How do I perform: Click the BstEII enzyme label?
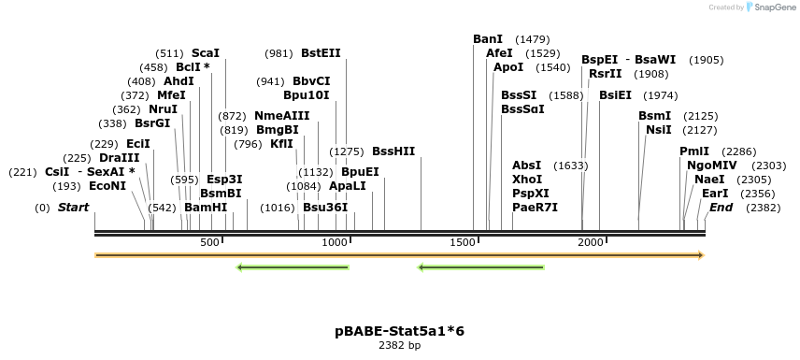pos(321,53)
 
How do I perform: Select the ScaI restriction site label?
pos(205,53)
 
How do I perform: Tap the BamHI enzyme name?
pos(206,208)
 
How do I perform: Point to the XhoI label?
pos(527,180)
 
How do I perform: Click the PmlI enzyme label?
pos(694,151)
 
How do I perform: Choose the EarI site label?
pos(715,194)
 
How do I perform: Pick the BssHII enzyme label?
pos(393,151)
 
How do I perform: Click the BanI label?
pos(488,39)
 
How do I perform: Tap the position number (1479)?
pos(532,39)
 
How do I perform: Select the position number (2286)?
pos(739,151)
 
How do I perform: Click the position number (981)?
pos(279,53)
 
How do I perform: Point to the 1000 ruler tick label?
pos(335,243)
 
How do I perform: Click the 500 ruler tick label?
pos(209,243)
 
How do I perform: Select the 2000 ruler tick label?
pos(591,243)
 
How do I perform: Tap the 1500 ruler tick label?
pos(463,243)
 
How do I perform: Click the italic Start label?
pos(73,208)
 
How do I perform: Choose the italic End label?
pos(721,208)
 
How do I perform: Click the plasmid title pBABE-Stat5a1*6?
pos(399,331)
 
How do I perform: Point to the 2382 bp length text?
pos(399,346)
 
